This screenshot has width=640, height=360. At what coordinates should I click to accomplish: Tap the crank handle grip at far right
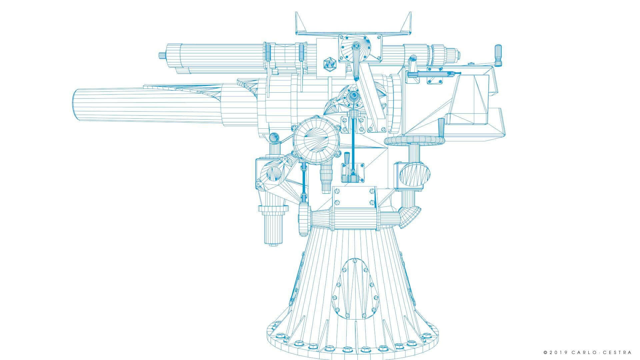[x=498, y=55]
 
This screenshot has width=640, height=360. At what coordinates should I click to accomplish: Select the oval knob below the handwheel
[x=415, y=173]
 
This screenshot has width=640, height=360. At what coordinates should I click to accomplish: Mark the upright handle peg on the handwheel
[x=441, y=128]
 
